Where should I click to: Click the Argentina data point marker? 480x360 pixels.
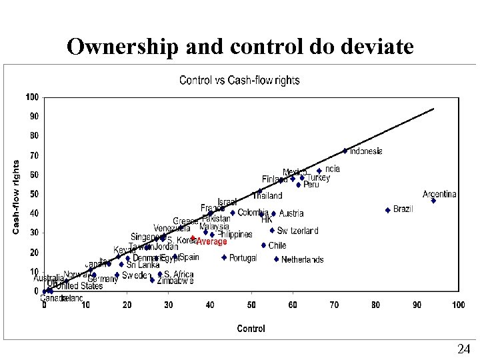pos(433,200)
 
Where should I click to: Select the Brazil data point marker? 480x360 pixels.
pos(388,210)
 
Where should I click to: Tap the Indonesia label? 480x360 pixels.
pos(366,151)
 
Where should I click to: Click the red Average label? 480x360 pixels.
pos(211,242)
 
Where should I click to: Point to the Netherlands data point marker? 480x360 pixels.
pos(276,259)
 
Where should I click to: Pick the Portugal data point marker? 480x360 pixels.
pos(224,257)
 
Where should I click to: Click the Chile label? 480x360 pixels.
pos(277,245)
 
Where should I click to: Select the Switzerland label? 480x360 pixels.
pos(298,231)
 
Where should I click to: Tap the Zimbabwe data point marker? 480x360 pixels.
pos(152,281)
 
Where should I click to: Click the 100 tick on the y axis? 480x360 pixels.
pos(33,97)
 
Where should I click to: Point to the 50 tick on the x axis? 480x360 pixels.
pos(251,305)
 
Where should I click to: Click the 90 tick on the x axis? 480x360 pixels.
pos(417,305)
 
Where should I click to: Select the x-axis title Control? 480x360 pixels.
pos(251,328)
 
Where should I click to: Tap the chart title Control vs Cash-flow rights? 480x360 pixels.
pos(239,81)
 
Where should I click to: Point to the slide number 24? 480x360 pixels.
pos(463,349)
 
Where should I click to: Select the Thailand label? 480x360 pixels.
pos(267,196)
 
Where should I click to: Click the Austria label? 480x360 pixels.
pos(291,213)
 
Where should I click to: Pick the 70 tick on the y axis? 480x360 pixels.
pos(34,155)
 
